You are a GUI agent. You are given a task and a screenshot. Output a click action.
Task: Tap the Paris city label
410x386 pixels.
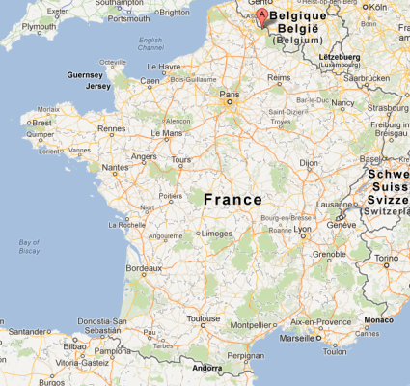point(230,95)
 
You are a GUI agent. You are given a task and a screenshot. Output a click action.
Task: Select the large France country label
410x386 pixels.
point(232,199)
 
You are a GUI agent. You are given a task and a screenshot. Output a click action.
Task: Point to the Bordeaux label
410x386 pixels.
point(144,267)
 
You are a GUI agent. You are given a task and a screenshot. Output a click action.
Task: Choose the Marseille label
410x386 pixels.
point(297,339)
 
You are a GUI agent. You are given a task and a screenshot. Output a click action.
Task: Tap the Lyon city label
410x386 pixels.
point(304,232)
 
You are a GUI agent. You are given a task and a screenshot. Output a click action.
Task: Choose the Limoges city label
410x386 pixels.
point(215,233)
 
